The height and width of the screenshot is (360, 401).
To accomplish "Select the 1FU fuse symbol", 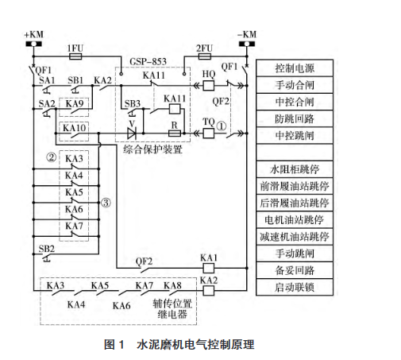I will click(x=76, y=58).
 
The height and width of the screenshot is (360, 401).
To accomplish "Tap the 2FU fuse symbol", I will click(x=204, y=58).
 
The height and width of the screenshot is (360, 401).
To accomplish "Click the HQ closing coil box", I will click(x=209, y=85).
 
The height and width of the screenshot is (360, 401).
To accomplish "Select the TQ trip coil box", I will click(x=209, y=132).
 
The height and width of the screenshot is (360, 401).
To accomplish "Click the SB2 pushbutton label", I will click(x=48, y=249).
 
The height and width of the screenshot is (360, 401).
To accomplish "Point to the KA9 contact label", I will click(x=75, y=104).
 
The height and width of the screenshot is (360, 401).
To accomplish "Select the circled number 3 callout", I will click(x=105, y=203).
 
